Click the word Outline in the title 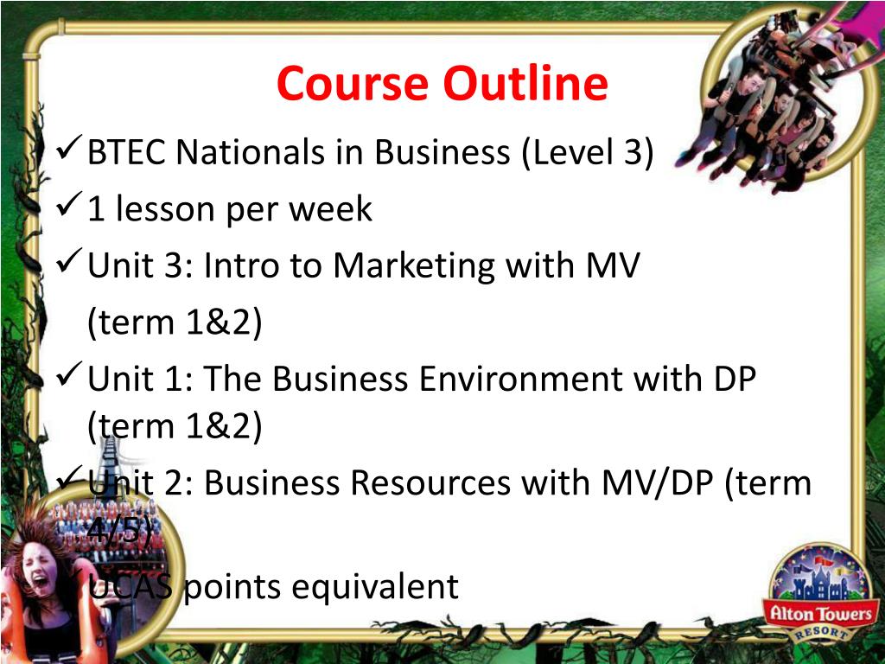click(x=525, y=84)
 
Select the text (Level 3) click(x=588, y=153)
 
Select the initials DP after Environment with click(x=735, y=379)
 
